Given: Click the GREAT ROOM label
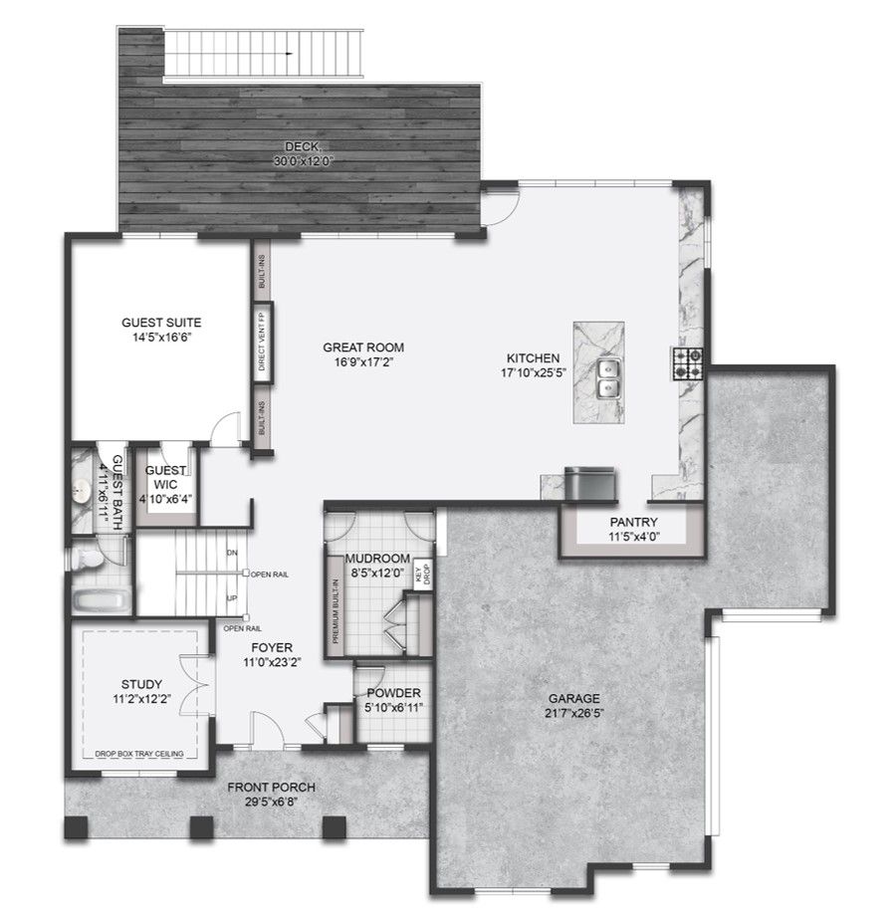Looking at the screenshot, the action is point(363,347).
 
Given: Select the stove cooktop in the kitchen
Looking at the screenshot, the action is point(688,363).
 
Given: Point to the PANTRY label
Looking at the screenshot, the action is point(633,522).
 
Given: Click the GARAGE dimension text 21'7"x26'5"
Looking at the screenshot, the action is point(574,714).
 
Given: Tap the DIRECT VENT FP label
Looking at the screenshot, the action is point(262,342).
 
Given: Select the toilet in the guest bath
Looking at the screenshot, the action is point(86,558).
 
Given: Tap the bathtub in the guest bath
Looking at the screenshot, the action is point(102,601).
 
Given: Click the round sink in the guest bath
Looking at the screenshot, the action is point(82,489).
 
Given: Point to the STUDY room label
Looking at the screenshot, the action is point(141,684).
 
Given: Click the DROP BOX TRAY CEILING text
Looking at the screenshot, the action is point(139,754).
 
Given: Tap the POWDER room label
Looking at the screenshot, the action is point(393,693).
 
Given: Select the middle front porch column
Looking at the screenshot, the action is point(201,827).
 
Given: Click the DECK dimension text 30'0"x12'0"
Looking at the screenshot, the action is point(304,160).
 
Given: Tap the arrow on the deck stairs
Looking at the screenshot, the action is point(289,54).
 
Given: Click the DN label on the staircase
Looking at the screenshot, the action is point(232,553).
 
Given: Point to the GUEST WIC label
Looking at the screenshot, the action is point(165,477).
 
